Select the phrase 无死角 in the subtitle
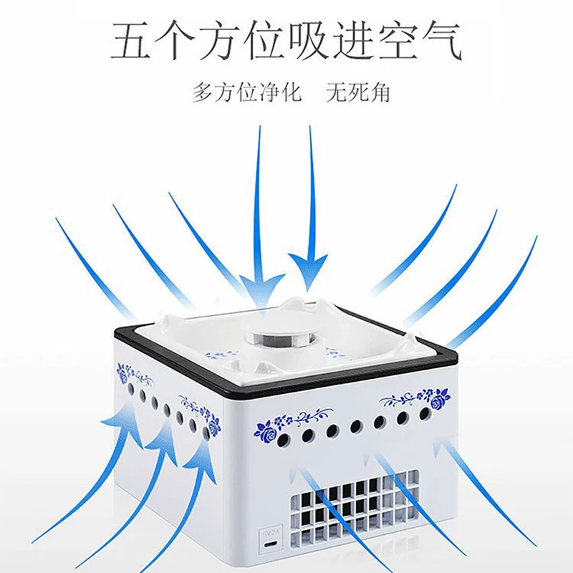click(x=358, y=92)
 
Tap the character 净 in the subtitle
click(x=269, y=92)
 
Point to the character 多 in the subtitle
click(x=203, y=92)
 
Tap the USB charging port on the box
click(x=271, y=544)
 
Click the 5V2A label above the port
click(x=271, y=532)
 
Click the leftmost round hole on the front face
click(x=283, y=440)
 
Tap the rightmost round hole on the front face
click(x=425, y=414)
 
